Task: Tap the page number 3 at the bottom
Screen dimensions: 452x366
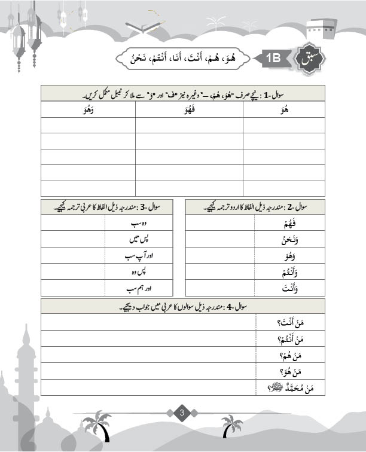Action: (x=183, y=412)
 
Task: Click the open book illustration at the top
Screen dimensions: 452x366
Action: (x=144, y=27)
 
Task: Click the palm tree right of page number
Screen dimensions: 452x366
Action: (x=231, y=425)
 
